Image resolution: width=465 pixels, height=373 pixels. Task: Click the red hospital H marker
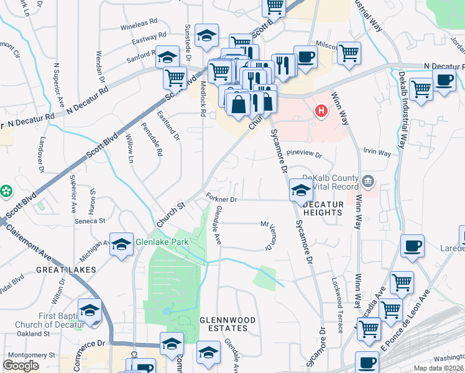(x=321, y=112)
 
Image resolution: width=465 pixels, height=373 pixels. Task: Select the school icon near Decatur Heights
(x=300, y=191)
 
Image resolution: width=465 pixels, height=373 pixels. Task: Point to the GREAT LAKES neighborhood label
(x=66, y=270)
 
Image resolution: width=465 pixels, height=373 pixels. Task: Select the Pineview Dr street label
(x=305, y=154)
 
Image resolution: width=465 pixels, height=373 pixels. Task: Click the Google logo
(x=21, y=366)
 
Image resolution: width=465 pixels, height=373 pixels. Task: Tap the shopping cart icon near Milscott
(x=349, y=53)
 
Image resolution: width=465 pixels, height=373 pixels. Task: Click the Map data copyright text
(x=438, y=368)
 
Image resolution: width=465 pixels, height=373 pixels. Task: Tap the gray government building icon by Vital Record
(x=369, y=182)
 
